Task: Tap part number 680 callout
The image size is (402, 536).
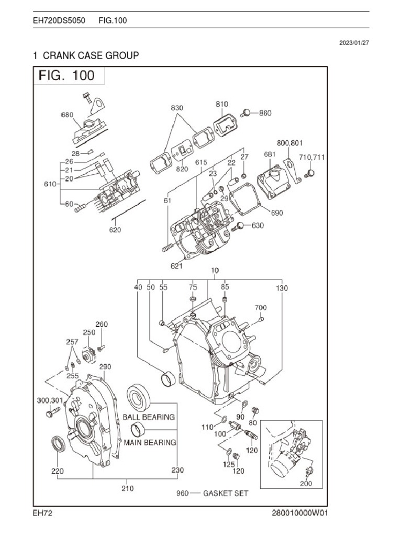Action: [x=67, y=115]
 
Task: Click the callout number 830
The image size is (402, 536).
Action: [x=177, y=108]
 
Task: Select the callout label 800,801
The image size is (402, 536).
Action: [x=289, y=142]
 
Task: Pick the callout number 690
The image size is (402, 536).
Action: [x=277, y=213]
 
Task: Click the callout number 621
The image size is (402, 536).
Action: [x=176, y=266]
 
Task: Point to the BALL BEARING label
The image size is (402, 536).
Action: [x=149, y=417]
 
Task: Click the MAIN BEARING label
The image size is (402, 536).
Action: [x=150, y=442]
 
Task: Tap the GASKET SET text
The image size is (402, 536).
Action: [x=226, y=493]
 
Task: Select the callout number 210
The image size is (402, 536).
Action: [x=127, y=488]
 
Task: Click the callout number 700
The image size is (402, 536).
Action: [x=261, y=307]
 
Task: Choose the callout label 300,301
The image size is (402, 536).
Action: [x=50, y=400]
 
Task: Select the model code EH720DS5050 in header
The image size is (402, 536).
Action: [x=55, y=20]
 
